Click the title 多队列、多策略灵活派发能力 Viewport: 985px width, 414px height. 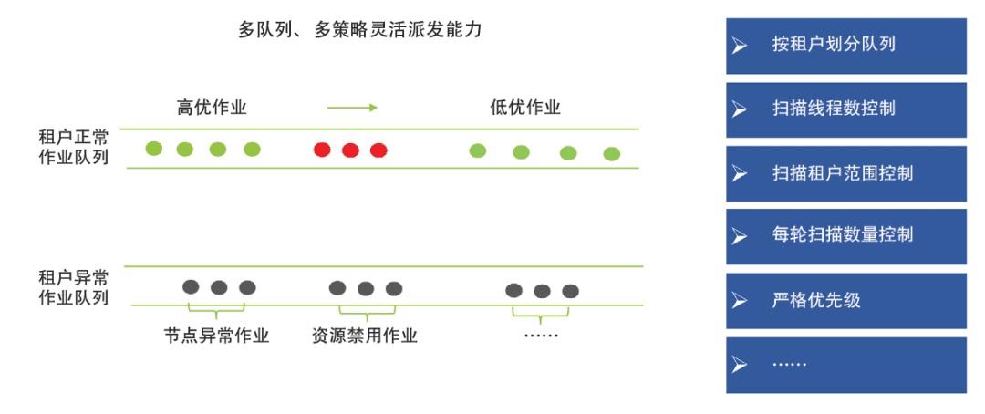coord(360,30)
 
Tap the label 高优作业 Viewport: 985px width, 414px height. coord(212,108)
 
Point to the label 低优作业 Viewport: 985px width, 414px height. coord(525,108)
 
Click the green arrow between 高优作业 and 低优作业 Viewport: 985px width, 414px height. coord(352,108)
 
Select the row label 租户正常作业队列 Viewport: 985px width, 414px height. coord(73,147)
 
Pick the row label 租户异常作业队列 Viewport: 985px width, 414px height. coord(73,287)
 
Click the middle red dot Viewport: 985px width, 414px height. coord(350,150)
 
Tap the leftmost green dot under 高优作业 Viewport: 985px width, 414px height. coord(154,149)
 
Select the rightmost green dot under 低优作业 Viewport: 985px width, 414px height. coord(612,153)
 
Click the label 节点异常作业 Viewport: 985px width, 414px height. coord(217,336)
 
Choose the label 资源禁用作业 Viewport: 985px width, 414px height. coord(365,336)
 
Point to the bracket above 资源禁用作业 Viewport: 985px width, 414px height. coord(365,310)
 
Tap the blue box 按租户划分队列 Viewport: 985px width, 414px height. coord(845,46)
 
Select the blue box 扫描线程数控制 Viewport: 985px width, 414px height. coord(845,109)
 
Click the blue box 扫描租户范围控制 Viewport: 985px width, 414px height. coord(845,173)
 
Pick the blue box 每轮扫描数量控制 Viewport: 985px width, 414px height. coord(845,236)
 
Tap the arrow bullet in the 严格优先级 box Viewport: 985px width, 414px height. coord(740,300)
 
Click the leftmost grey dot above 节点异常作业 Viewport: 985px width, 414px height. coord(191,286)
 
